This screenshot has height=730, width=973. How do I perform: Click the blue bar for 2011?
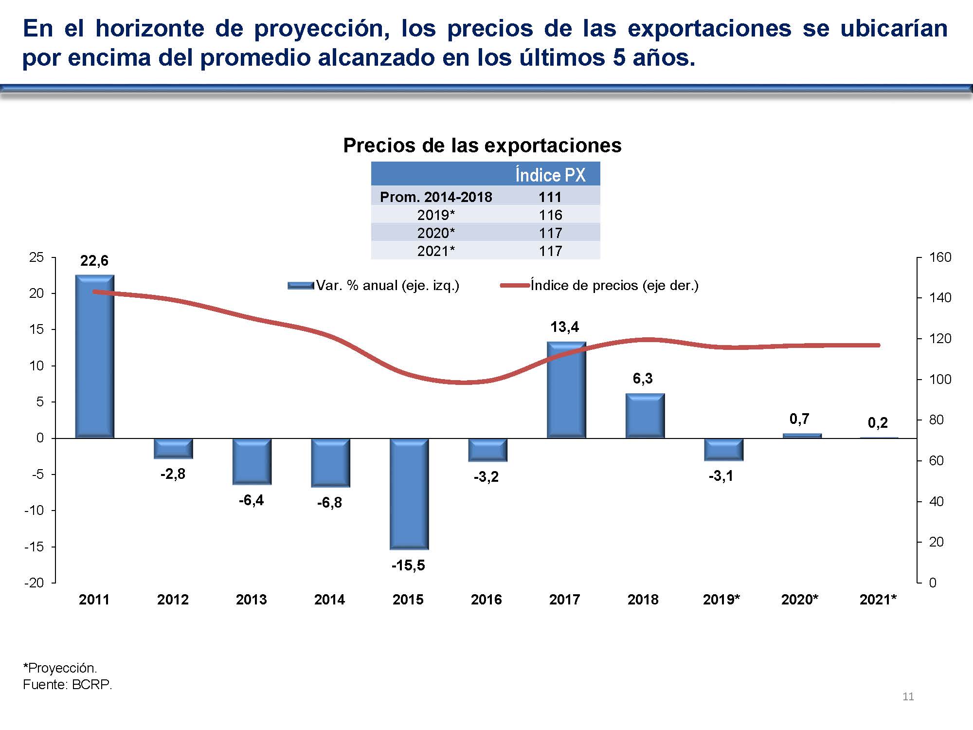(x=94, y=357)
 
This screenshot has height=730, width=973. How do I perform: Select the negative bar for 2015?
(x=409, y=493)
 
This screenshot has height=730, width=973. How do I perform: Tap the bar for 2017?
(x=566, y=390)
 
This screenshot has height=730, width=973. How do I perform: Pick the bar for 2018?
(x=645, y=416)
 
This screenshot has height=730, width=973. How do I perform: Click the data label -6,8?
(x=329, y=502)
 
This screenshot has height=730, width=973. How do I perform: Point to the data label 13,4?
(x=564, y=327)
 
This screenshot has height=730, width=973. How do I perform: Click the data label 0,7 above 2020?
(x=799, y=419)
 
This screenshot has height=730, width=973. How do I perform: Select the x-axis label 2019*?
(x=721, y=600)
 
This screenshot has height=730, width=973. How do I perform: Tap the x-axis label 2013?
(x=251, y=600)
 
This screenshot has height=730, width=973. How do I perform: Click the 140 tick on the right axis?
(x=939, y=298)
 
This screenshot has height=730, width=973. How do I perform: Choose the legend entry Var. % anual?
(x=387, y=285)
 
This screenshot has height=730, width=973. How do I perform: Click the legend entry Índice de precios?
(x=614, y=285)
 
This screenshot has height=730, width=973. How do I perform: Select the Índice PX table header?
(x=550, y=175)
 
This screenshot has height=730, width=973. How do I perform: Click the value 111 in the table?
(x=550, y=197)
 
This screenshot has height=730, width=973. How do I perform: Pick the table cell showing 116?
(x=550, y=215)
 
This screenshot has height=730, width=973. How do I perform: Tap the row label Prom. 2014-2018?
(x=435, y=197)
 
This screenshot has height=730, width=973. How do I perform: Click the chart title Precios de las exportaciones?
(x=482, y=145)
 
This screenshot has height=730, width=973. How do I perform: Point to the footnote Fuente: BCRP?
(x=67, y=685)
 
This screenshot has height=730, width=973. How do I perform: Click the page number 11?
(x=908, y=696)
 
